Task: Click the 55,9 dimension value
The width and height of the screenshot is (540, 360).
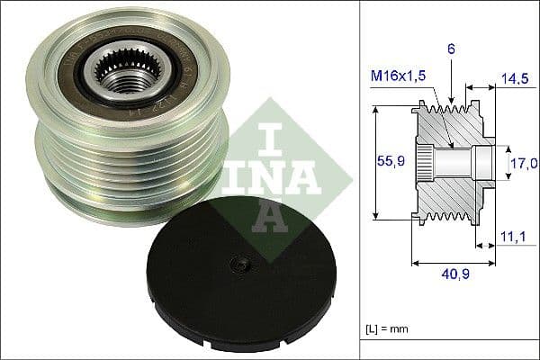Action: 389,162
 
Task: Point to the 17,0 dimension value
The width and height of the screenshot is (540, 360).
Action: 523,164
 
